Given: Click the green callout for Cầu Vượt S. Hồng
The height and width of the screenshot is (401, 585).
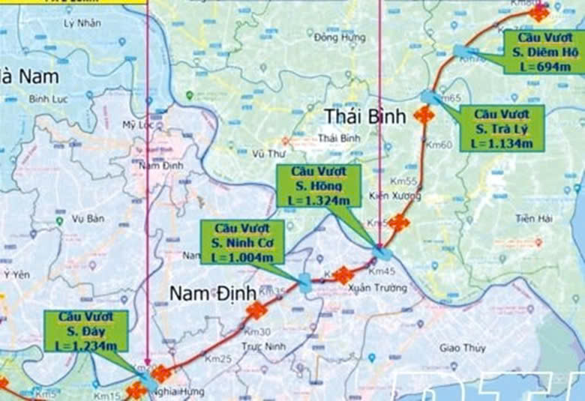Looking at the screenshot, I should pos(319,187).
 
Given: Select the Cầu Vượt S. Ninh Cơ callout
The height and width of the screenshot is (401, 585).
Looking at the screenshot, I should pos(241,241).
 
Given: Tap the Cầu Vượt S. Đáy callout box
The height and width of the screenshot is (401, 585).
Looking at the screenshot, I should pos(85,331).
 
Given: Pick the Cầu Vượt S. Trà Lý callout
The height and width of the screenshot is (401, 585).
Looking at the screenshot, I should pos(502,128).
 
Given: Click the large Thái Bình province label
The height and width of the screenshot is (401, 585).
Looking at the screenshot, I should pos(365,116).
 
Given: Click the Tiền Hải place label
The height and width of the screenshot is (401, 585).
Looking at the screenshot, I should pos(533,218).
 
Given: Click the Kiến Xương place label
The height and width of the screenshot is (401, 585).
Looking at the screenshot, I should pos(395,196).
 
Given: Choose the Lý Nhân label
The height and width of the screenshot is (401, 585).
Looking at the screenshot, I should pos(82,22).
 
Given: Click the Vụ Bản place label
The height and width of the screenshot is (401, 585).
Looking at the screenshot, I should pos(87,219).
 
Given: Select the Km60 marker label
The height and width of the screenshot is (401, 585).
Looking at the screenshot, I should pos(441,145).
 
